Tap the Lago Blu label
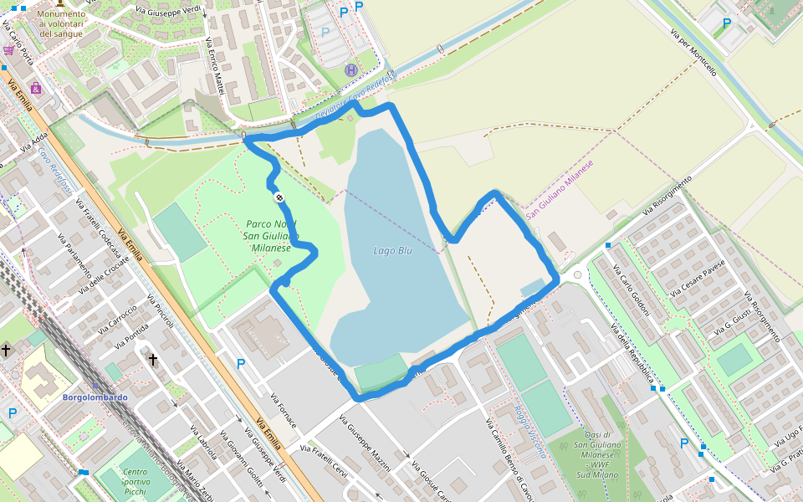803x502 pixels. pos(392,250)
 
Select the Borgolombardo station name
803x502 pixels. pos(93,397)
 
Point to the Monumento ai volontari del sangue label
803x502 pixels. pos(61,23)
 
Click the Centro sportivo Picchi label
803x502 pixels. pos(134,482)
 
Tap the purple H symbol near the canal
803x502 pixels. pos(351,70)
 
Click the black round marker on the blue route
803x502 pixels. pos(279,197)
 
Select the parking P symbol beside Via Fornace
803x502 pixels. pos(241,364)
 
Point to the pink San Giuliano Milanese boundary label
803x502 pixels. pos(559,190)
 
